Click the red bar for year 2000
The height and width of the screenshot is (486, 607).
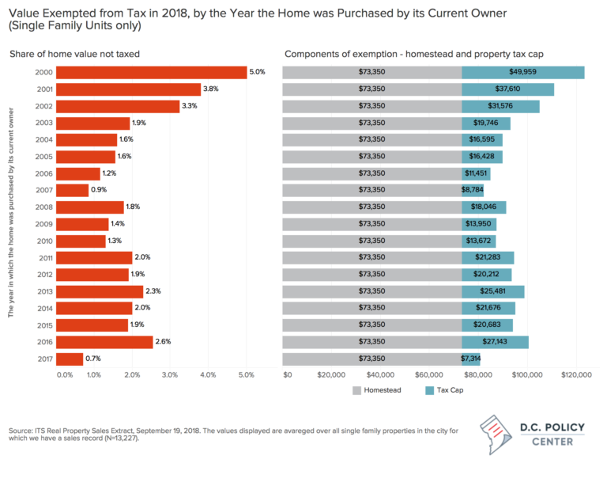pos(152,73)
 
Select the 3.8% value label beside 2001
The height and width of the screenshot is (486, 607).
pos(212,89)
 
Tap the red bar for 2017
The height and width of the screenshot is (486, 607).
pos(70,359)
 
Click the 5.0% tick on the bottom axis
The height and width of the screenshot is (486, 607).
pos(247,374)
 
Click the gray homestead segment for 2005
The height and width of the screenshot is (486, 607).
pos(371,157)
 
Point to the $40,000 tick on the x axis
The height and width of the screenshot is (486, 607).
pos(380,374)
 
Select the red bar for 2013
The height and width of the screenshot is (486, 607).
pos(100,291)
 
